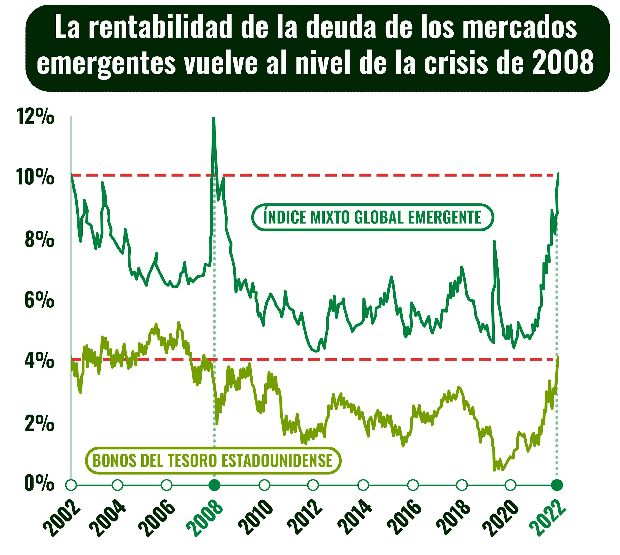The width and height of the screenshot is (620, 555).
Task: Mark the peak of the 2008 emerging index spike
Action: [213, 118]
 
